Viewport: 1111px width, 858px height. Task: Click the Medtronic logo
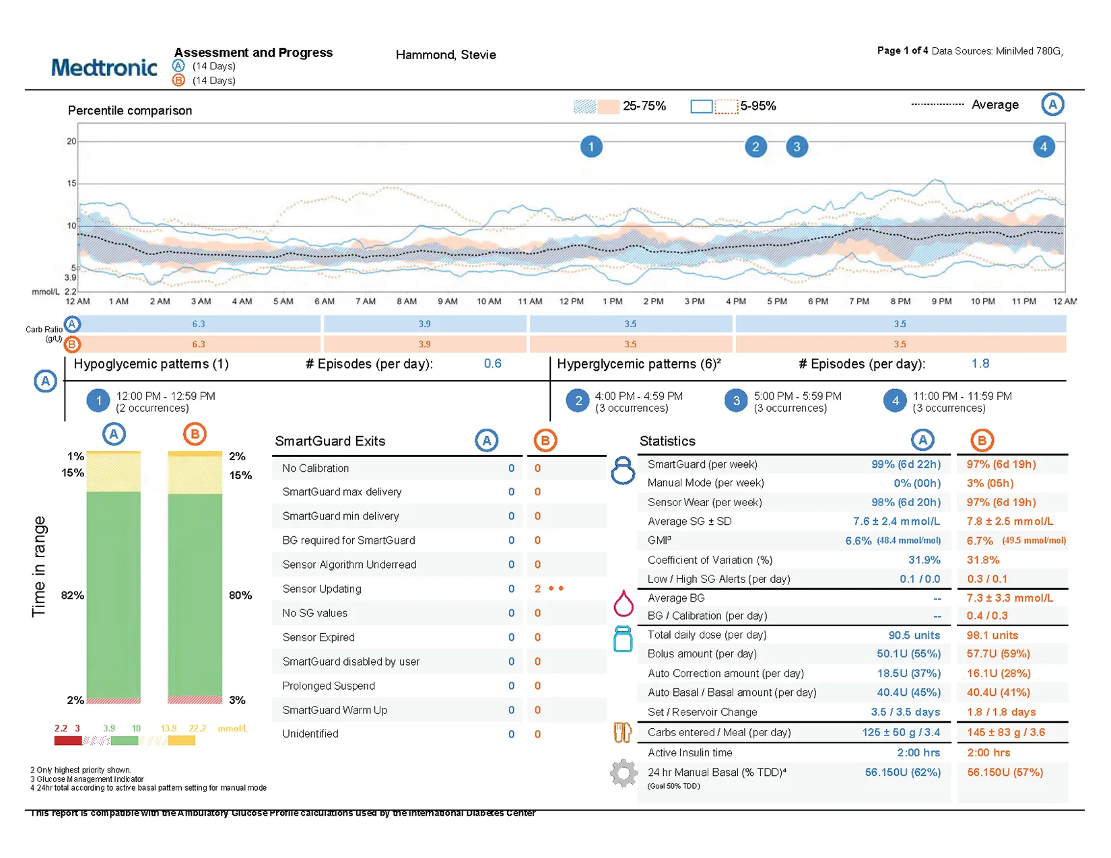[x=104, y=67]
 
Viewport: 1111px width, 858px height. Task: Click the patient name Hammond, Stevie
[x=445, y=55]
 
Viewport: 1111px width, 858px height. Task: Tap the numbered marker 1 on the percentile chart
[x=591, y=147]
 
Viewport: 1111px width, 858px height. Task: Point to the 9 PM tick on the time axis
[x=941, y=301]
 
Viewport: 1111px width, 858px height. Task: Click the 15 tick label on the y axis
[x=71, y=183]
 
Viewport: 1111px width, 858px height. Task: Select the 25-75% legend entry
[x=619, y=106]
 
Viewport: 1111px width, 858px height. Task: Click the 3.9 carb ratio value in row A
[x=424, y=324]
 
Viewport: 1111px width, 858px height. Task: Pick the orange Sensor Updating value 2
[x=537, y=589]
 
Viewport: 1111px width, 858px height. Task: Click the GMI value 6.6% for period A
[x=858, y=541]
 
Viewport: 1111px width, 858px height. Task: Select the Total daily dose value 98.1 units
[x=992, y=635]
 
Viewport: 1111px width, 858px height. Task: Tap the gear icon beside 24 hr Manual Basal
[x=624, y=773]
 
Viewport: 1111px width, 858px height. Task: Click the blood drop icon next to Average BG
[x=624, y=603]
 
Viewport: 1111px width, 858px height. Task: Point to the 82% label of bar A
[x=72, y=596]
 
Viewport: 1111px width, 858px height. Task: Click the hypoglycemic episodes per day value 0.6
[x=492, y=364]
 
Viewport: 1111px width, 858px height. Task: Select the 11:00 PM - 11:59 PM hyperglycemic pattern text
[x=962, y=396]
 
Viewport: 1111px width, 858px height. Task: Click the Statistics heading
[x=667, y=441]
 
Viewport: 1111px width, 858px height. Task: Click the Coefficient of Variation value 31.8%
[x=983, y=560]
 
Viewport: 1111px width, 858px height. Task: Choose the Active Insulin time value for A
[x=918, y=753]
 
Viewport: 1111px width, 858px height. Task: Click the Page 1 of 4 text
[x=902, y=50]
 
